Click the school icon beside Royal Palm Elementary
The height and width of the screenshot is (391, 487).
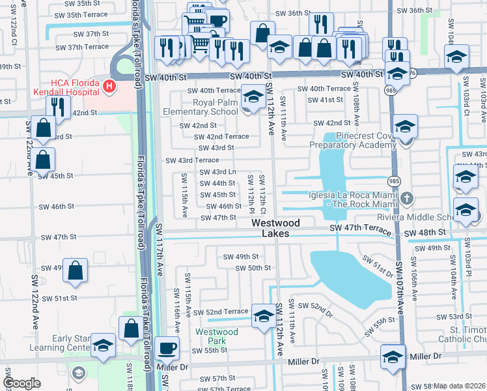[x=251, y=98]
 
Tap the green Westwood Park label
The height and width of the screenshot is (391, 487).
[x=217, y=336]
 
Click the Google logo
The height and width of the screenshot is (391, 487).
[x=21, y=383]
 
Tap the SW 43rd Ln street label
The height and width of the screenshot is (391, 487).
[x=217, y=172]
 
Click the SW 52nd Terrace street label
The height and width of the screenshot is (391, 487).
[x=221, y=312]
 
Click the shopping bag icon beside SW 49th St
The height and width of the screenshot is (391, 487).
[x=75, y=270]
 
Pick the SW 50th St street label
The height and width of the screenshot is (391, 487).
[x=253, y=268]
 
